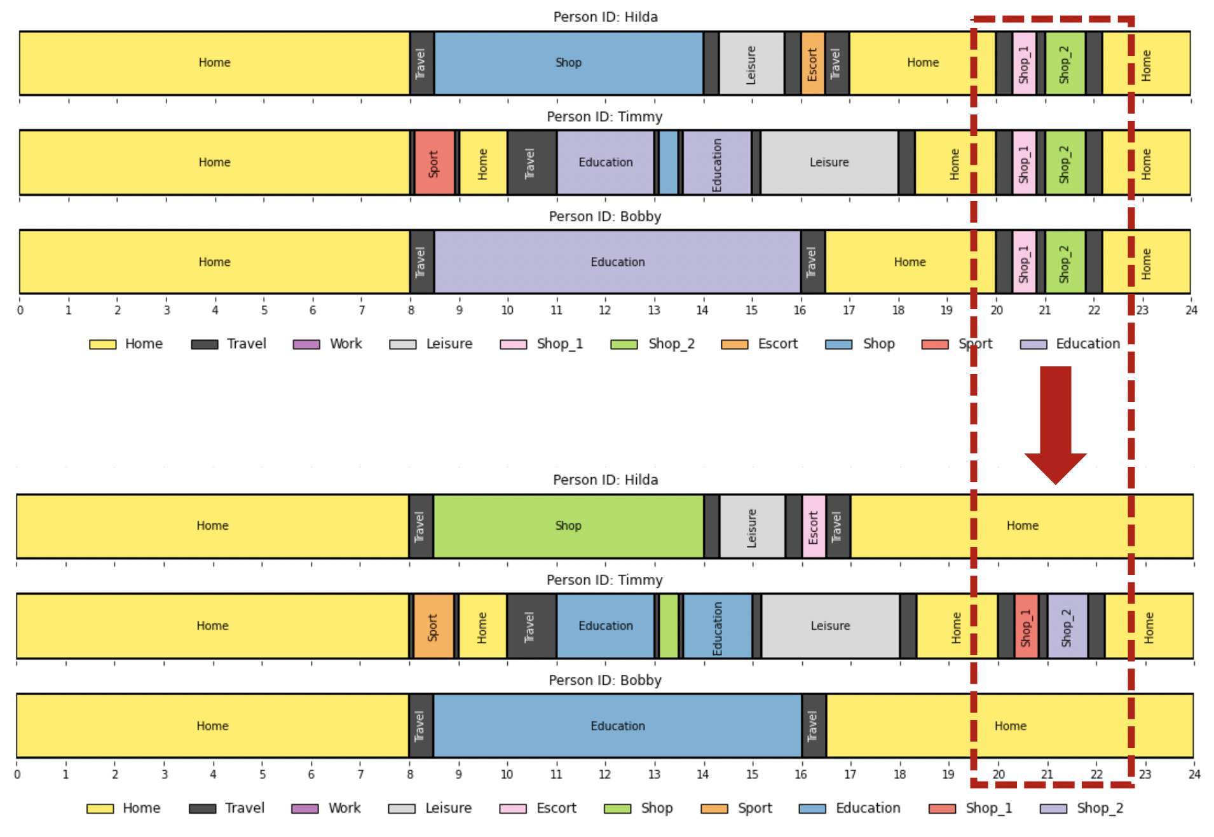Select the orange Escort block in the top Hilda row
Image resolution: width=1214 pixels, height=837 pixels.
[812, 63]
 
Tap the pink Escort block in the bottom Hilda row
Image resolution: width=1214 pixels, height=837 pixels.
[814, 526]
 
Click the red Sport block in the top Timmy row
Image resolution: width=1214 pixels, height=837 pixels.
[434, 163]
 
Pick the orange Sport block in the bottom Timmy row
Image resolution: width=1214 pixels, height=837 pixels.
[433, 626]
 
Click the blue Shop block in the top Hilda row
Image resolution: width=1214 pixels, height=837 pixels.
[568, 63]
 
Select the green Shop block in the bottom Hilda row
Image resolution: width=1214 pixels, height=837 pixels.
[568, 526]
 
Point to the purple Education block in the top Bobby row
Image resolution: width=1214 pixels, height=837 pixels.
[617, 262]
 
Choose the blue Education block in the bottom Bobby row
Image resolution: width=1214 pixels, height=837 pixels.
[617, 726]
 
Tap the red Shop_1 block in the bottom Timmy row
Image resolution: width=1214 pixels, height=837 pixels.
[1026, 626]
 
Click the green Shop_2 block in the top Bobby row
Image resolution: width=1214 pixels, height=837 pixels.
[1065, 262]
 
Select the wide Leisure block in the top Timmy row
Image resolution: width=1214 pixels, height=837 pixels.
[829, 163]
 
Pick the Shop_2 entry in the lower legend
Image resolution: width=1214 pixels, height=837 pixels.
[1082, 808]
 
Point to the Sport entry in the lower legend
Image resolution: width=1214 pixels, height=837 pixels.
[737, 808]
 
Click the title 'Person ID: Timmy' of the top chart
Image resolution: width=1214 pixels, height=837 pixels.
[604, 117]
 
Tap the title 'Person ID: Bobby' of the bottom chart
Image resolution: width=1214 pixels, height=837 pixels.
[604, 681]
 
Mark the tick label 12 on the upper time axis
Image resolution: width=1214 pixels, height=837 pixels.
[604, 310]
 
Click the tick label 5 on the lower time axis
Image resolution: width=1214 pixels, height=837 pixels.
[262, 775]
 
